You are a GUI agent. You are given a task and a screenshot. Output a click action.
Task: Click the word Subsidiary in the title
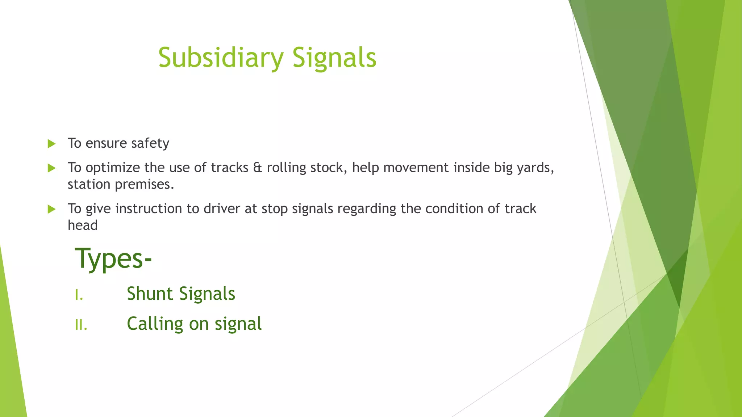(221, 58)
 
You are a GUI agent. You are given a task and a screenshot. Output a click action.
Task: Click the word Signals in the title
(334, 58)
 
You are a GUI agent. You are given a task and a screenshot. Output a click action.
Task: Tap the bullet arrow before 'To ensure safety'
(52, 144)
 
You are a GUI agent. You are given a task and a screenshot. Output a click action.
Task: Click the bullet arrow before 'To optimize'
(52, 168)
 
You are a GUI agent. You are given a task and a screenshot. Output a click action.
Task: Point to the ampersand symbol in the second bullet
(257, 168)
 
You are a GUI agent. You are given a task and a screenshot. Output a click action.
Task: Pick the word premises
(144, 184)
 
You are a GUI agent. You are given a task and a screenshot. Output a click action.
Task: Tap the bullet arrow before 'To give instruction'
(52, 209)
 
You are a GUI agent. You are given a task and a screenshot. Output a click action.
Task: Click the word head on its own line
(83, 225)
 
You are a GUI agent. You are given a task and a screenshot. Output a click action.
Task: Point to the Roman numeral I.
(79, 295)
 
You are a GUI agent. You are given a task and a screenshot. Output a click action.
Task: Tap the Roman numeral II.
(81, 325)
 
